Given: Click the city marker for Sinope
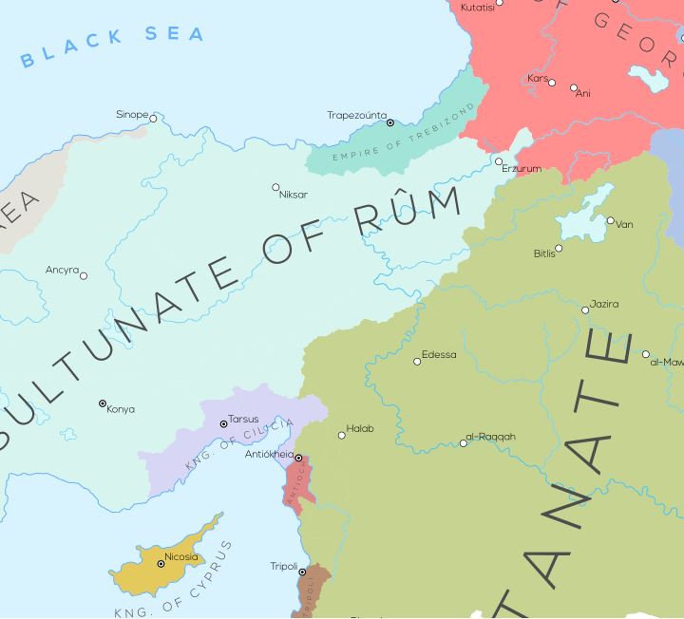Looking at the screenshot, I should pos(153,118).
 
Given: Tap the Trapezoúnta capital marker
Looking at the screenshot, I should pos(390,123).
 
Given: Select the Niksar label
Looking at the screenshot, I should pos(293,195).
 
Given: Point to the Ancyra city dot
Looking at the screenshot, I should pos(84,276).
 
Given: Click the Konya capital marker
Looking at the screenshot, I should pos(103,403).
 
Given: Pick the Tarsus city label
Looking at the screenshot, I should pos(243,419).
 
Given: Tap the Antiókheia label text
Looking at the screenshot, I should pos(269,454).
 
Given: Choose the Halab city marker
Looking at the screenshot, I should pos(342,435).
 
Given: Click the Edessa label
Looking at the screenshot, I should pos(439,355).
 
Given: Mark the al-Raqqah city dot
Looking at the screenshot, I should pos(463,443).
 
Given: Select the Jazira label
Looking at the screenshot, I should pos(604,304).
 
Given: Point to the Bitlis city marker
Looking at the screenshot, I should pos(559,248).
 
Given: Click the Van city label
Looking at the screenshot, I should pos(625,224).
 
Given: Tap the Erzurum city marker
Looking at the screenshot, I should pos(499,161).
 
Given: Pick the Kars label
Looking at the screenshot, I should pos(538,78).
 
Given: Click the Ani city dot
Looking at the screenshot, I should pos(574,88).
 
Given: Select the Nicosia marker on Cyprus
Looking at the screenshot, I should pos(161,564).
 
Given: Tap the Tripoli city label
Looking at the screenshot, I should pos(284,566).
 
